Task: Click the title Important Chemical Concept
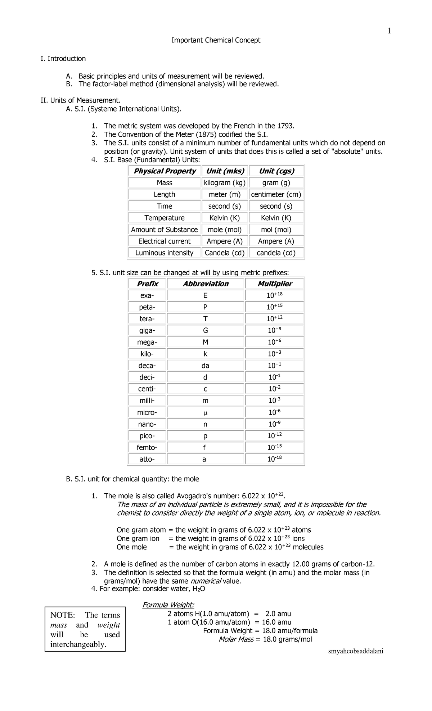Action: point(216,40)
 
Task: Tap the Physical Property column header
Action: point(165,171)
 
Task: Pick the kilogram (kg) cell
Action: point(224,183)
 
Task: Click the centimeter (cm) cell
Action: point(276,195)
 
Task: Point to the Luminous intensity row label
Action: point(164,253)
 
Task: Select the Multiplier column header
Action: point(275,284)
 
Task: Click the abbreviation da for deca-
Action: point(205,366)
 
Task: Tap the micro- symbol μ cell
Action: point(205,413)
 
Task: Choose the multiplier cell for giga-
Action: point(275,331)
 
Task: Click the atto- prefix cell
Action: point(147,459)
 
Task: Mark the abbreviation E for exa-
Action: point(205,296)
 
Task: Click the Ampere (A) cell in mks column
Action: point(224,241)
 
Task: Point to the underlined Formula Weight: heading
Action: point(168,605)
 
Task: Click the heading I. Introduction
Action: point(63,59)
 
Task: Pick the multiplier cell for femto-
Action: point(275,448)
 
